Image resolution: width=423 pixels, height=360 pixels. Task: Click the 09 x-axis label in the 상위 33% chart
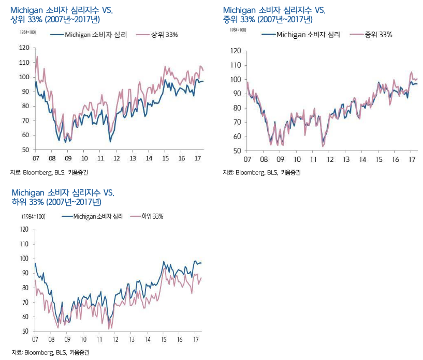(x=68, y=158)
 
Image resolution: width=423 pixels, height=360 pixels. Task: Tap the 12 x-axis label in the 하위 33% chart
(x=116, y=339)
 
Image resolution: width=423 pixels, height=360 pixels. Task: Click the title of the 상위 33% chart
(x=57, y=15)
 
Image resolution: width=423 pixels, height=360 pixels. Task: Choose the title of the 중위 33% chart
(x=269, y=15)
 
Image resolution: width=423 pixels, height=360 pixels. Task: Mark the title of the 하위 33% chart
(x=62, y=197)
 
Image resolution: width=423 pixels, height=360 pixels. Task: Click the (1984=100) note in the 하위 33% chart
(x=33, y=217)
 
